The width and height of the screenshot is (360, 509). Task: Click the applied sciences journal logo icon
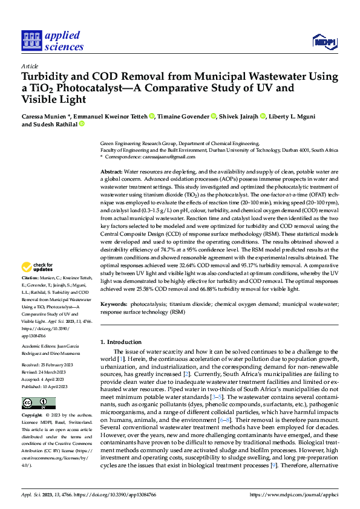31,41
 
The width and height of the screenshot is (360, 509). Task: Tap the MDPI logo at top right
324,41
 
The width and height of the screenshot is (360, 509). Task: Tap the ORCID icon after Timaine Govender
214,116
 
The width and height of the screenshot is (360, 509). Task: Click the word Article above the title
30,66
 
